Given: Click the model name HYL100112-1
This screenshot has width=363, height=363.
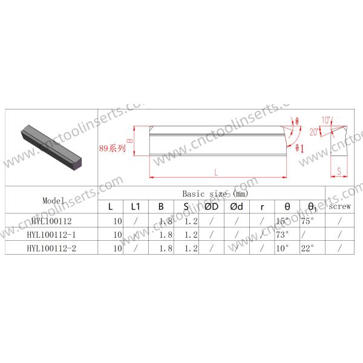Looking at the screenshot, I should pyautogui.click(x=53, y=234).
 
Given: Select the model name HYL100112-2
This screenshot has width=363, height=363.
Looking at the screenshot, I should pyautogui.click(x=53, y=247).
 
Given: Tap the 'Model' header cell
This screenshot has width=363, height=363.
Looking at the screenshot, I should pyautogui.click(x=53, y=200).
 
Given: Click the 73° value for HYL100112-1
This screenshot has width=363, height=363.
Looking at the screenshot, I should pyautogui.click(x=282, y=234).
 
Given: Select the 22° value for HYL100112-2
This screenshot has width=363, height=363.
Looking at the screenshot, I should pyautogui.click(x=307, y=247).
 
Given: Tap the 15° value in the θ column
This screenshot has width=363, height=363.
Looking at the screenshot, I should pyautogui.click(x=282, y=221).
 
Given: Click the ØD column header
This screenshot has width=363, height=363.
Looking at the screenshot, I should pyautogui.click(x=211, y=207).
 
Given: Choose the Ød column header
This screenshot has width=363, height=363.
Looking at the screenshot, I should pyautogui.click(x=237, y=207).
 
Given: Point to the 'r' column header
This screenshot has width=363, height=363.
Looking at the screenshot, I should pyautogui.click(x=262, y=207).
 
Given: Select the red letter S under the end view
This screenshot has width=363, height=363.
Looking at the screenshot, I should pyautogui.click(x=339, y=172).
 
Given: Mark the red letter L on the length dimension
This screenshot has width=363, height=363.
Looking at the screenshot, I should pyautogui.click(x=216, y=172).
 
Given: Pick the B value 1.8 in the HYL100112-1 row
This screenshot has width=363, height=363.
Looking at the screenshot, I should pyautogui.click(x=161, y=234).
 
